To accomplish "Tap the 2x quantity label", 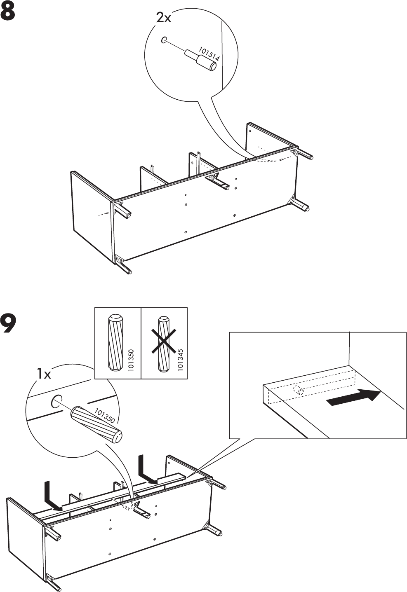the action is coord(164,18).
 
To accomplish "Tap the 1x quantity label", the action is coord(43,374).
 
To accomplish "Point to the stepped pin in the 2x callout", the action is coord(201,60).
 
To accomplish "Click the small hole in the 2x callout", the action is coord(164,40).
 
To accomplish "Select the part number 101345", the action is coord(180,360).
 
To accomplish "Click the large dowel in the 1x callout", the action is coord(97,424).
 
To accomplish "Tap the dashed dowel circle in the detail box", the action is coord(298,391).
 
